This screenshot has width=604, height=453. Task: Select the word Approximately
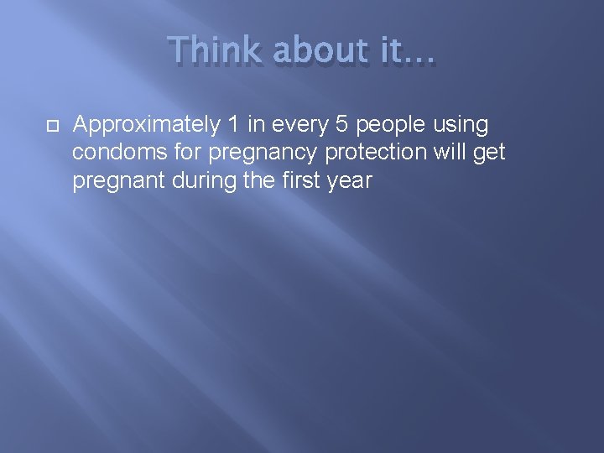(x=145, y=126)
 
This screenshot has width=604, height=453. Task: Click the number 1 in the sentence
(x=233, y=125)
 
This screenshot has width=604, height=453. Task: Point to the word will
(x=451, y=153)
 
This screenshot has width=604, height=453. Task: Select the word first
(x=298, y=180)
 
